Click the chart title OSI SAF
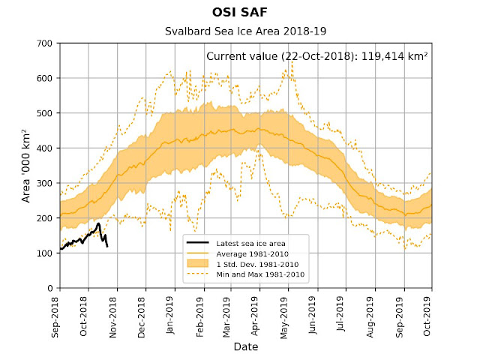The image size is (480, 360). click(240, 13)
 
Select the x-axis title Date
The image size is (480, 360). click(245, 347)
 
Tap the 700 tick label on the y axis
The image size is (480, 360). click(45, 43)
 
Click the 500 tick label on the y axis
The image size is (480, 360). click(45, 113)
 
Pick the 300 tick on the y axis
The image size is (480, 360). click(45, 183)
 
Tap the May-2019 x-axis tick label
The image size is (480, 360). click(283, 314)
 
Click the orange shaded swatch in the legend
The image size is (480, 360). click(199, 264)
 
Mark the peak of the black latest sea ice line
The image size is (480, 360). click(98, 223)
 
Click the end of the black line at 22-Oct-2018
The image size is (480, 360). click(107, 247)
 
